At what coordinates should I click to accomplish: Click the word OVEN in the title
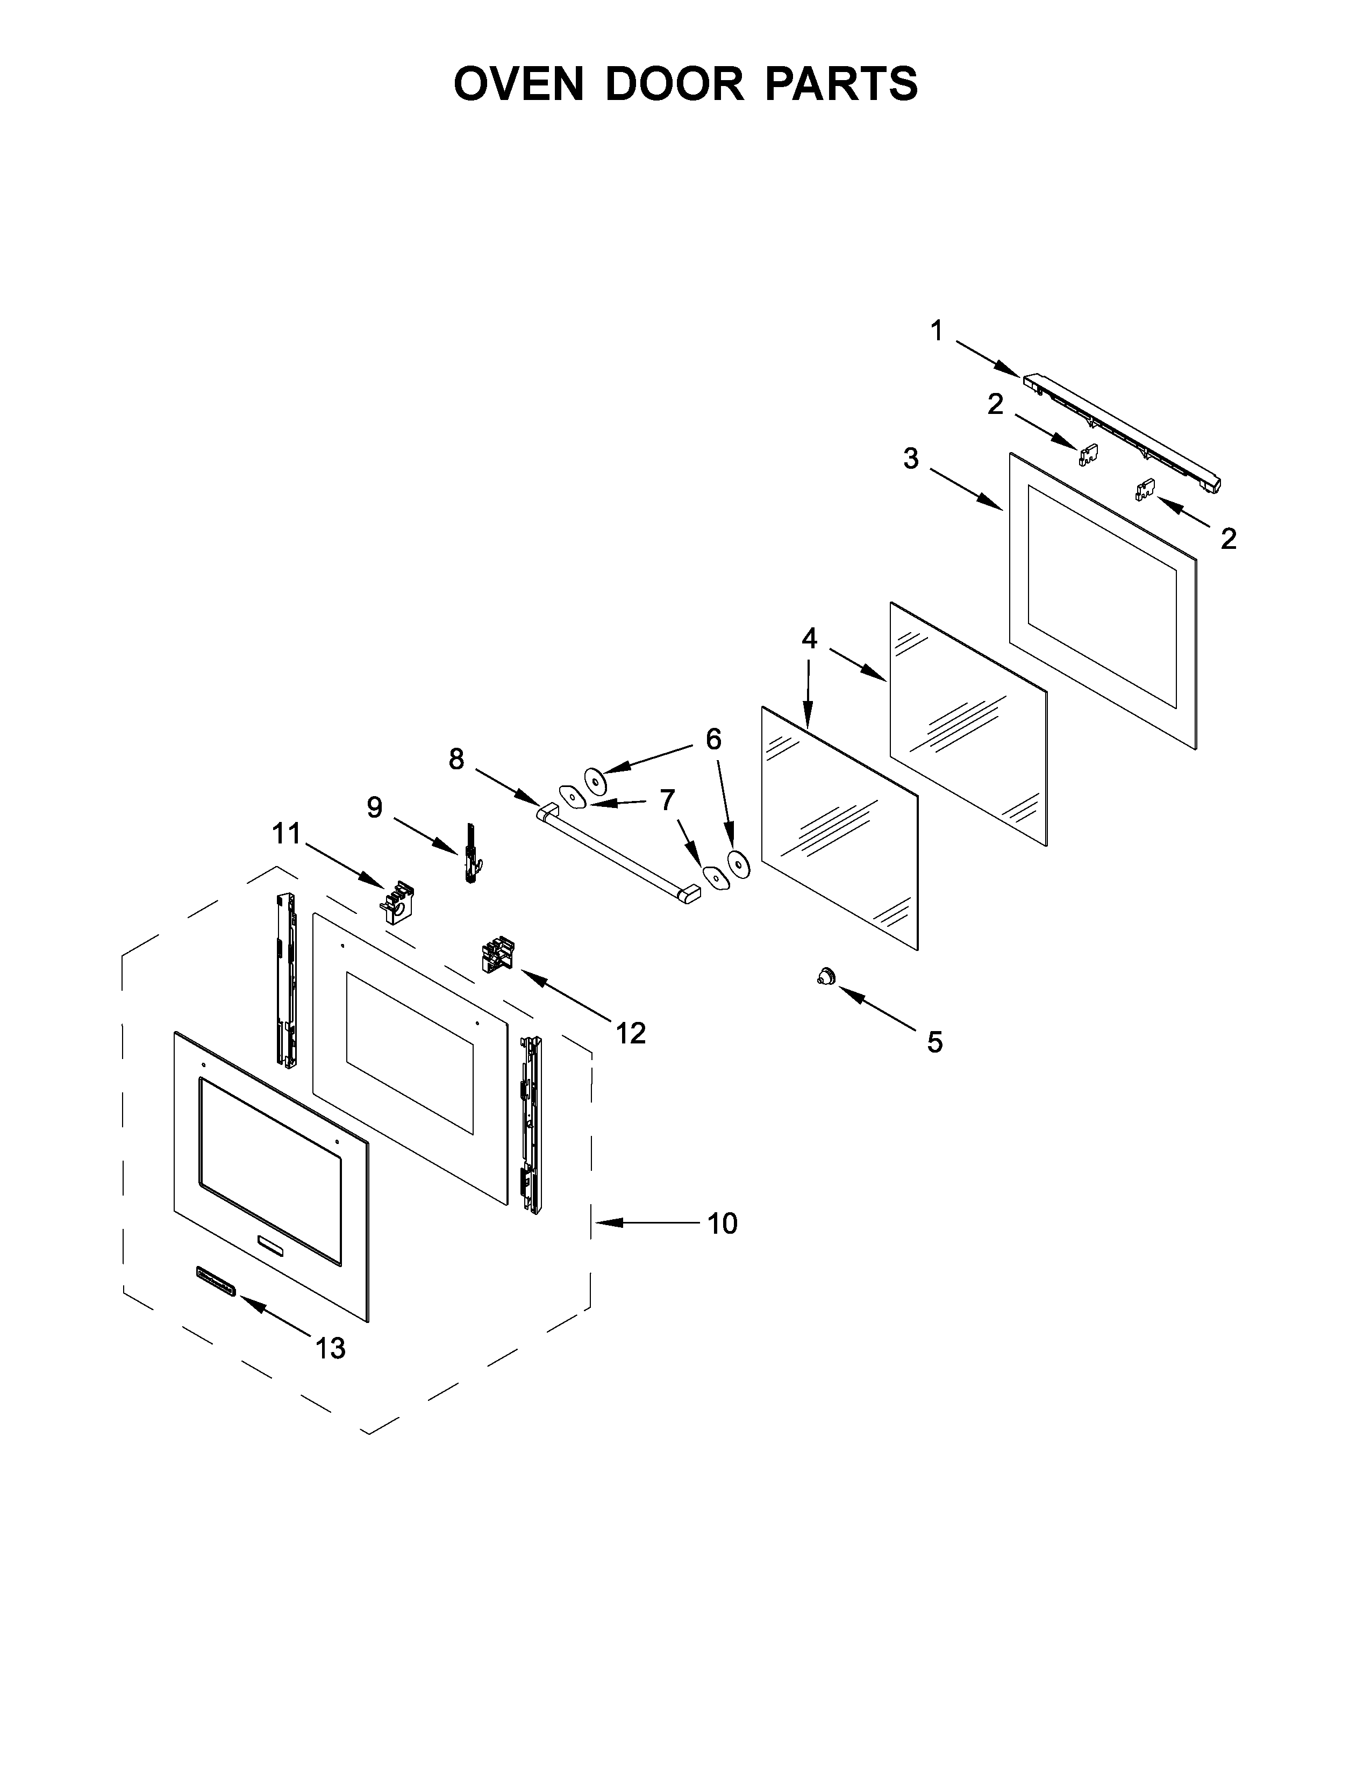518,84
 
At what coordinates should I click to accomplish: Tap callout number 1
937,331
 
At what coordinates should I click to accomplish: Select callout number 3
911,459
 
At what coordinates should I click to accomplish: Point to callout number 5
935,1042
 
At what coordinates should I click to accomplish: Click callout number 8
456,760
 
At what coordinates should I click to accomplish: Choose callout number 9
374,807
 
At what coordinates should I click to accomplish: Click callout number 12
630,1033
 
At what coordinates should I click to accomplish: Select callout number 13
331,1348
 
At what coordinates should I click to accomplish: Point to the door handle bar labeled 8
617,855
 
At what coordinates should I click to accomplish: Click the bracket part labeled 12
498,954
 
